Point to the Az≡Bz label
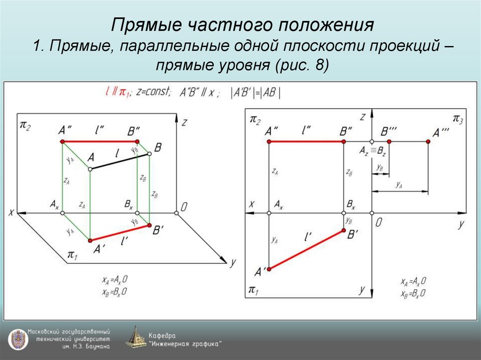(x=372, y=151)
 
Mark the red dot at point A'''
(x=428, y=141)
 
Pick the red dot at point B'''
(x=389, y=141)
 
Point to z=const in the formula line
(x=154, y=92)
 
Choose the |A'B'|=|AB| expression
(x=256, y=92)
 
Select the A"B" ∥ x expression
(x=200, y=92)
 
